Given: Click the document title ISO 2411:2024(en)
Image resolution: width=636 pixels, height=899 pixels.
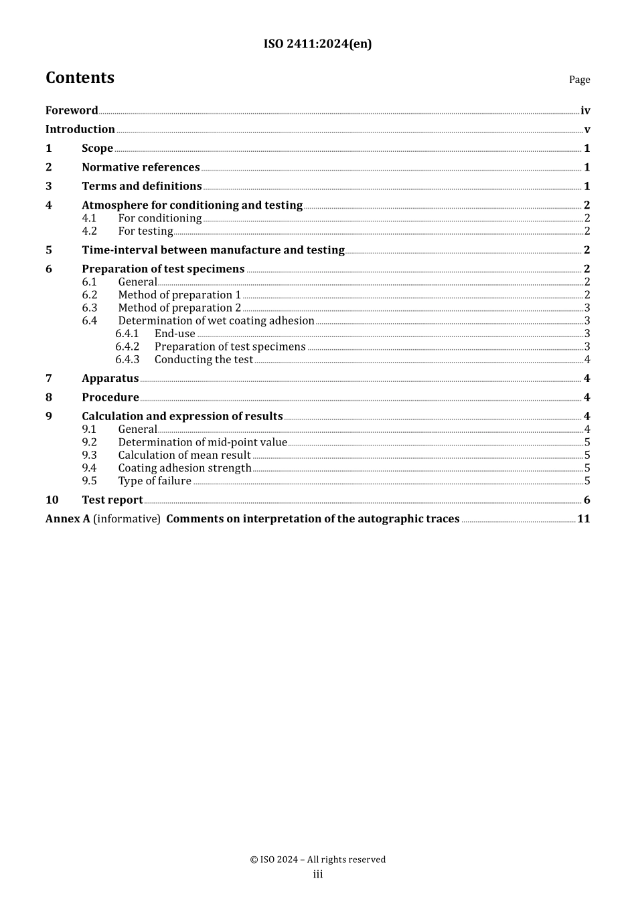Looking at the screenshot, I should [317, 44].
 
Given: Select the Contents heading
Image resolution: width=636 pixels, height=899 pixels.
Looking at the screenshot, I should [80, 78].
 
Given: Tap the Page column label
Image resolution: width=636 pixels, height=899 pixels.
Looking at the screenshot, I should [579, 80].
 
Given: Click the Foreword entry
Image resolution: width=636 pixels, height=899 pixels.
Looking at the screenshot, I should [72, 110].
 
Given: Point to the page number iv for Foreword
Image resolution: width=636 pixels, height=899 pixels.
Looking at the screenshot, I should [585, 111].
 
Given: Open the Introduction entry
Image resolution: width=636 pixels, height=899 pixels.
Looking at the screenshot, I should [80, 129].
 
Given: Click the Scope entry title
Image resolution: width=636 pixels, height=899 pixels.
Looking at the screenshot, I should [97, 148].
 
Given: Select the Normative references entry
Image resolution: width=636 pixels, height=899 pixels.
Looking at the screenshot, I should [141, 167].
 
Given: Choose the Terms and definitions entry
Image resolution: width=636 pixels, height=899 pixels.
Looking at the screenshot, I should [142, 186].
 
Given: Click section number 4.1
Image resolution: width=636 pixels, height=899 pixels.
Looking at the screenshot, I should [89, 218].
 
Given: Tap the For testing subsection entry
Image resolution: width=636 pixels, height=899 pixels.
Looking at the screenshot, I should [145, 231].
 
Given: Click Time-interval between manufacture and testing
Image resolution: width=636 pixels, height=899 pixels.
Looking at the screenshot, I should [213, 250].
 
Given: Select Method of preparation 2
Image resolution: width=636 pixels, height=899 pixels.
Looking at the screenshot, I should [179, 308].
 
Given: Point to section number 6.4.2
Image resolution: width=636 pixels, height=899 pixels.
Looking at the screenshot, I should [127, 346].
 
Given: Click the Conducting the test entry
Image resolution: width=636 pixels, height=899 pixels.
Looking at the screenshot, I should [204, 360].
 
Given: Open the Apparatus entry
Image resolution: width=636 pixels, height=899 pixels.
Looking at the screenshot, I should [110, 379].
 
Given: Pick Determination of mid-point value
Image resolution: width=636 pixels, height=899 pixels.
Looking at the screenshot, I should [202, 442].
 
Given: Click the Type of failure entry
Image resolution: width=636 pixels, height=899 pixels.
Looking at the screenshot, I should [155, 481].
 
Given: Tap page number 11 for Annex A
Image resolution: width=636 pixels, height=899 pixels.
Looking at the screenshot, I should [583, 519].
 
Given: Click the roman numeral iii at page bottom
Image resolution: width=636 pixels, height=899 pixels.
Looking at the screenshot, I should [318, 874].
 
